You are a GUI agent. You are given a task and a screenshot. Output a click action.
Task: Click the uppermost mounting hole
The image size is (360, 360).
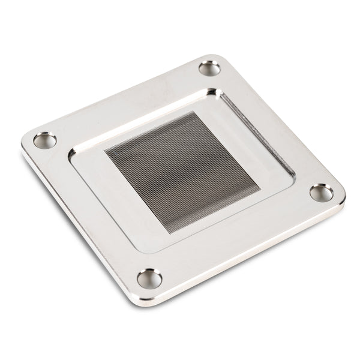coord(209,68)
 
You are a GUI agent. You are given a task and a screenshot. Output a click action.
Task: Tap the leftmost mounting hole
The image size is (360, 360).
coord(45,140)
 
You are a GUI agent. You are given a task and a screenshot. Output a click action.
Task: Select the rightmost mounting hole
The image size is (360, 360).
coord(322,193)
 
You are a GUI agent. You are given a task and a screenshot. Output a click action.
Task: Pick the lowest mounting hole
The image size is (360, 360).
coord(149,278)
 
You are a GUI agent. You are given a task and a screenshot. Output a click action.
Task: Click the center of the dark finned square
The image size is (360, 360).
coord(182,172)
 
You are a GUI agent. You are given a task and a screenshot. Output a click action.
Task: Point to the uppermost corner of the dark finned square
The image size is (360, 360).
coord(193,112)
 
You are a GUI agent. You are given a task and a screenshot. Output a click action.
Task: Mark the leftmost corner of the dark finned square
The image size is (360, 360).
coord(106,150)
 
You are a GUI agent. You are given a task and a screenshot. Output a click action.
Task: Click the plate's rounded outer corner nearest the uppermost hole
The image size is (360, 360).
coord(215,57)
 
